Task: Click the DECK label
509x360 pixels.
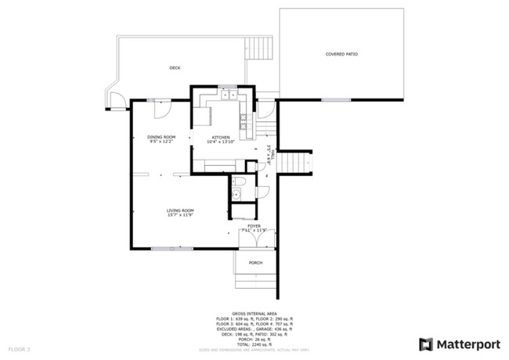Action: point(175,68)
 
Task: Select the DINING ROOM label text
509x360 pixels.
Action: point(161,137)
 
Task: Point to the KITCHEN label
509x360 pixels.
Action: point(220,137)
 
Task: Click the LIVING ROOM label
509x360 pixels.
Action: point(180,210)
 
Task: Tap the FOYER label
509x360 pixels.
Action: point(254,225)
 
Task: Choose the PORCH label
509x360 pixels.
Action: point(255,262)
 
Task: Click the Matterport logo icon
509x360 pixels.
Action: point(426,343)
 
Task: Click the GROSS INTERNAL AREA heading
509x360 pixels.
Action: point(254,312)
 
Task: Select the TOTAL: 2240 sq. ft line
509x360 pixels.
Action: point(254,344)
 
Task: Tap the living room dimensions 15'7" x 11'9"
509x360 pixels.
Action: point(180,215)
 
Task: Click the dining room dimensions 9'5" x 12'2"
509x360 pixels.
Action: point(161,142)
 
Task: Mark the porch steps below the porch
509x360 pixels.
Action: point(256,280)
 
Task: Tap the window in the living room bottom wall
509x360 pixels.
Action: point(161,248)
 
